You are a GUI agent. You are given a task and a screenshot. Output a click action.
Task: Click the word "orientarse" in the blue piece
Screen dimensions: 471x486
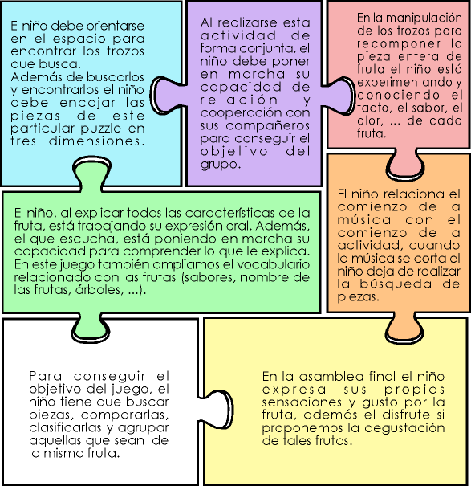pos(116,26)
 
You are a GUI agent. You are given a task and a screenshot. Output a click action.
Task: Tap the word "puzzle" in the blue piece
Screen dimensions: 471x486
pos(101,129)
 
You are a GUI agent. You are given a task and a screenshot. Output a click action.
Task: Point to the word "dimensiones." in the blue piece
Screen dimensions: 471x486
pos(97,141)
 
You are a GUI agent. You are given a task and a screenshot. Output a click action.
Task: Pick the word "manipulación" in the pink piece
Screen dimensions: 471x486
pos(424,18)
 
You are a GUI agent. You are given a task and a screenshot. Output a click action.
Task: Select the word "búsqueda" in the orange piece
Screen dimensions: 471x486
pos(396,284)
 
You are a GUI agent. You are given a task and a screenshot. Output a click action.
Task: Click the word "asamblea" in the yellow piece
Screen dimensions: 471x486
pos(331,377)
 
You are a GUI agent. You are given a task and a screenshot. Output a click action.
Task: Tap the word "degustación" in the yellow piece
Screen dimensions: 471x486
pos(404,428)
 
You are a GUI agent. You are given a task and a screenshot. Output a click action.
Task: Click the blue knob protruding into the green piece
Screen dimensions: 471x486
pos(91,174)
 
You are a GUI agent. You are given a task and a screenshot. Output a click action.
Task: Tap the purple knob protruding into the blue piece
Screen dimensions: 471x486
pos(168,94)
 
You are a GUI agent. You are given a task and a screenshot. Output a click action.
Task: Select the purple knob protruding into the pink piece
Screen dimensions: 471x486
pos(338,96)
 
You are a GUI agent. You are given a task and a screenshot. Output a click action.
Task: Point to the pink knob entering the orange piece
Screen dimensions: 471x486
pos(405,165)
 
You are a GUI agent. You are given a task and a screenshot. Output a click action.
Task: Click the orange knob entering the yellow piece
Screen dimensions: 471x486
pos(404,329)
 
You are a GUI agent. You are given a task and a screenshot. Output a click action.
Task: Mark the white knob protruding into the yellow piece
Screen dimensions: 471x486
pos(216,409)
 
